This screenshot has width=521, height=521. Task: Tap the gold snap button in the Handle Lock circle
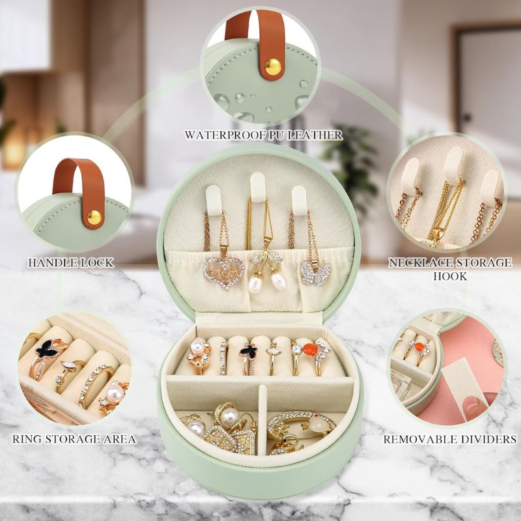pos(94,218)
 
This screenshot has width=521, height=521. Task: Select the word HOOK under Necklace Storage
pos(450,276)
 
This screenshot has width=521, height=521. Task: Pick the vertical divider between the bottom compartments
pos(262,420)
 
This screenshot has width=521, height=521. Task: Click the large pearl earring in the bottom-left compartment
pos(230,417)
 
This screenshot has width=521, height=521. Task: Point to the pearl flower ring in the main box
pos(199,356)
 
